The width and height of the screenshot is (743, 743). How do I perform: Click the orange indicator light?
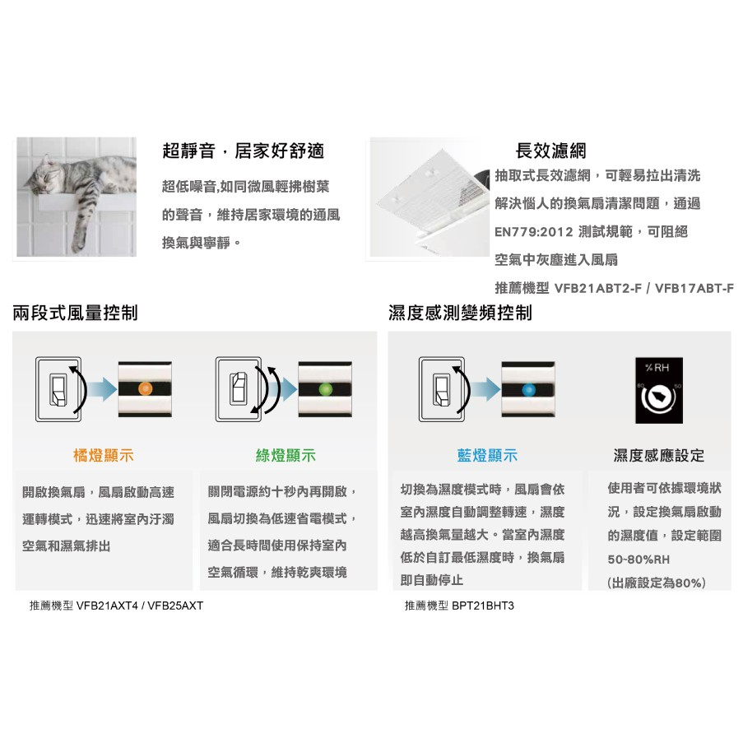point(145,388)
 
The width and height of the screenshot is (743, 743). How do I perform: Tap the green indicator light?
point(325,389)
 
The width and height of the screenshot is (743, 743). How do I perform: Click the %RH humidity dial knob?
point(659,397)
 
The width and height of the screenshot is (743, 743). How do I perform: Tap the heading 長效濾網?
point(550,151)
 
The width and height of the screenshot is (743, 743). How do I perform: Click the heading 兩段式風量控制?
point(75,313)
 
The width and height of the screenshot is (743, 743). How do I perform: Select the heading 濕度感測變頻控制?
point(460,313)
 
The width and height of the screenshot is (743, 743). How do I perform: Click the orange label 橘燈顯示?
point(104,455)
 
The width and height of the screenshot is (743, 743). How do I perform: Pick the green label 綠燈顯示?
point(286,455)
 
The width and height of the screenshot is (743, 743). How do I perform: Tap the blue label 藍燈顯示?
point(487,455)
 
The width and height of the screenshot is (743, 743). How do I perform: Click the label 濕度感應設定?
point(658,455)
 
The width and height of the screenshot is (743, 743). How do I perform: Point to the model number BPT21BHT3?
point(483,606)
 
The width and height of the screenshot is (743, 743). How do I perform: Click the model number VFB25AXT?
point(175,606)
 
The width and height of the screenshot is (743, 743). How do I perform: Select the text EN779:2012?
point(533,232)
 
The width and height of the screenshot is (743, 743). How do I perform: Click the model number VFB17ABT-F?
point(694,288)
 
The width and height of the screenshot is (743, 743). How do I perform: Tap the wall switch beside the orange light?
point(58,389)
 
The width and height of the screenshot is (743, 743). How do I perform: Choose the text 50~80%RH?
point(639,560)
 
